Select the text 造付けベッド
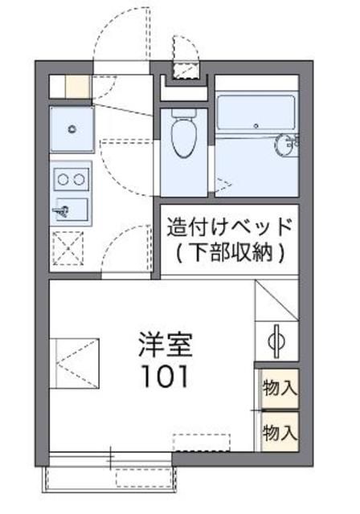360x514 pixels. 228,227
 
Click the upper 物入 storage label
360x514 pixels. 279,389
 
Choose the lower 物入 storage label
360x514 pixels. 279,433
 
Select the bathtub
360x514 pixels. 256,113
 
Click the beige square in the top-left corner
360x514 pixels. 76,86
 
